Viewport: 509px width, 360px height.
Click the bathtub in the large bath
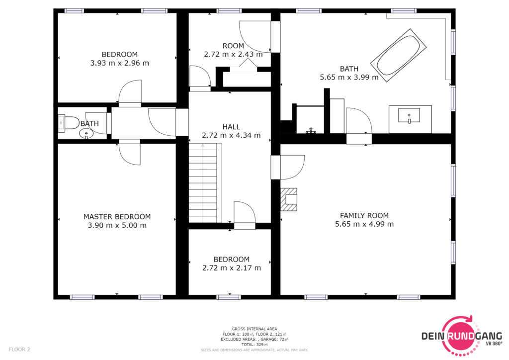tap(398, 56)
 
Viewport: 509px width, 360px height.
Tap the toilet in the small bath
tap(69, 123)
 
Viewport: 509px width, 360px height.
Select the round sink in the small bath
tap(86, 133)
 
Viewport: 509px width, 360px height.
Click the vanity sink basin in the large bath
tap(409, 116)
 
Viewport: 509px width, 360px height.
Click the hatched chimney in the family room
tap(289, 199)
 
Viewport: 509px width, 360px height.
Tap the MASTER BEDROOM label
tap(117, 216)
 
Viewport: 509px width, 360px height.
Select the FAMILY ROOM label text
tap(364, 215)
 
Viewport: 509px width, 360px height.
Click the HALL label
tap(231, 127)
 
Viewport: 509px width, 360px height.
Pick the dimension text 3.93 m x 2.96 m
tap(119, 63)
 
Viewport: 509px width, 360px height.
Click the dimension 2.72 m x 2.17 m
tap(232, 268)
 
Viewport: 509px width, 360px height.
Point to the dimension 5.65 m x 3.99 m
tap(349, 77)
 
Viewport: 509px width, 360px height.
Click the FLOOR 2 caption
tap(19, 349)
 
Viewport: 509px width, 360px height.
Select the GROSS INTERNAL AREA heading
tap(254, 329)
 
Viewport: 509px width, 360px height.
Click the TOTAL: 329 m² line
tap(254, 345)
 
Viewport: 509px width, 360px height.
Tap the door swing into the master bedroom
tap(130, 153)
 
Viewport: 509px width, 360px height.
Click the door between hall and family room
tap(288, 167)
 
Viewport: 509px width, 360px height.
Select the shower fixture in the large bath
tap(311, 130)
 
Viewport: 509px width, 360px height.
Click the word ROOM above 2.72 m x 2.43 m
tap(233, 46)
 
